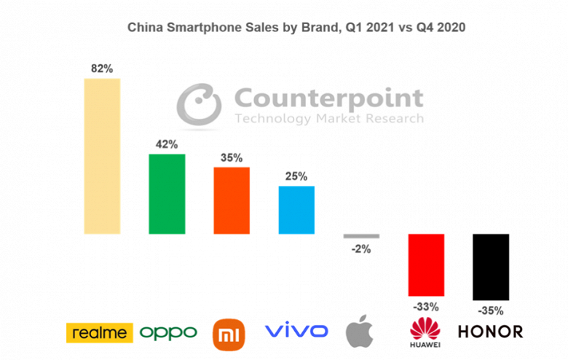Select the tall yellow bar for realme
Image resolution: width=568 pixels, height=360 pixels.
click(102, 156)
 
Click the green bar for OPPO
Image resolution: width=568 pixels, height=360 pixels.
click(167, 194)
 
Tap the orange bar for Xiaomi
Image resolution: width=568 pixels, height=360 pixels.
click(232, 200)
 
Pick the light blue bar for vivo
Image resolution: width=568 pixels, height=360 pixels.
click(296, 210)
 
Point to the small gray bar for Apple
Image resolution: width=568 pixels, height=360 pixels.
click(361, 236)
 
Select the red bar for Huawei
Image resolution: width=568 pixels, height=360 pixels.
click(426, 265)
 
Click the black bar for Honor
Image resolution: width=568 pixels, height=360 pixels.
click(491, 267)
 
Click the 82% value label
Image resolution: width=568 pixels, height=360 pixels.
click(102, 69)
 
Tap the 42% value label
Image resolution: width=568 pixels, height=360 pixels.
click(167, 144)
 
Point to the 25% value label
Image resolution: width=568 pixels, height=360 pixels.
click(296, 176)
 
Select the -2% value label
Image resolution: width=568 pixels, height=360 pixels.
click(361, 249)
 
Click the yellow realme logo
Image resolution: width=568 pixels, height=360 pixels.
click(100, 332)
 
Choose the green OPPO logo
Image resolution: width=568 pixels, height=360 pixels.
click(168, 333)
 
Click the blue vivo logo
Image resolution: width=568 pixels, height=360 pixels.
click(296, 332)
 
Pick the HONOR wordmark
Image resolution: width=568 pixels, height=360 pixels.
click(490, 332)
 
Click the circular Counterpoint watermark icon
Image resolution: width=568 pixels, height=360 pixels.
click(201, 107)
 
